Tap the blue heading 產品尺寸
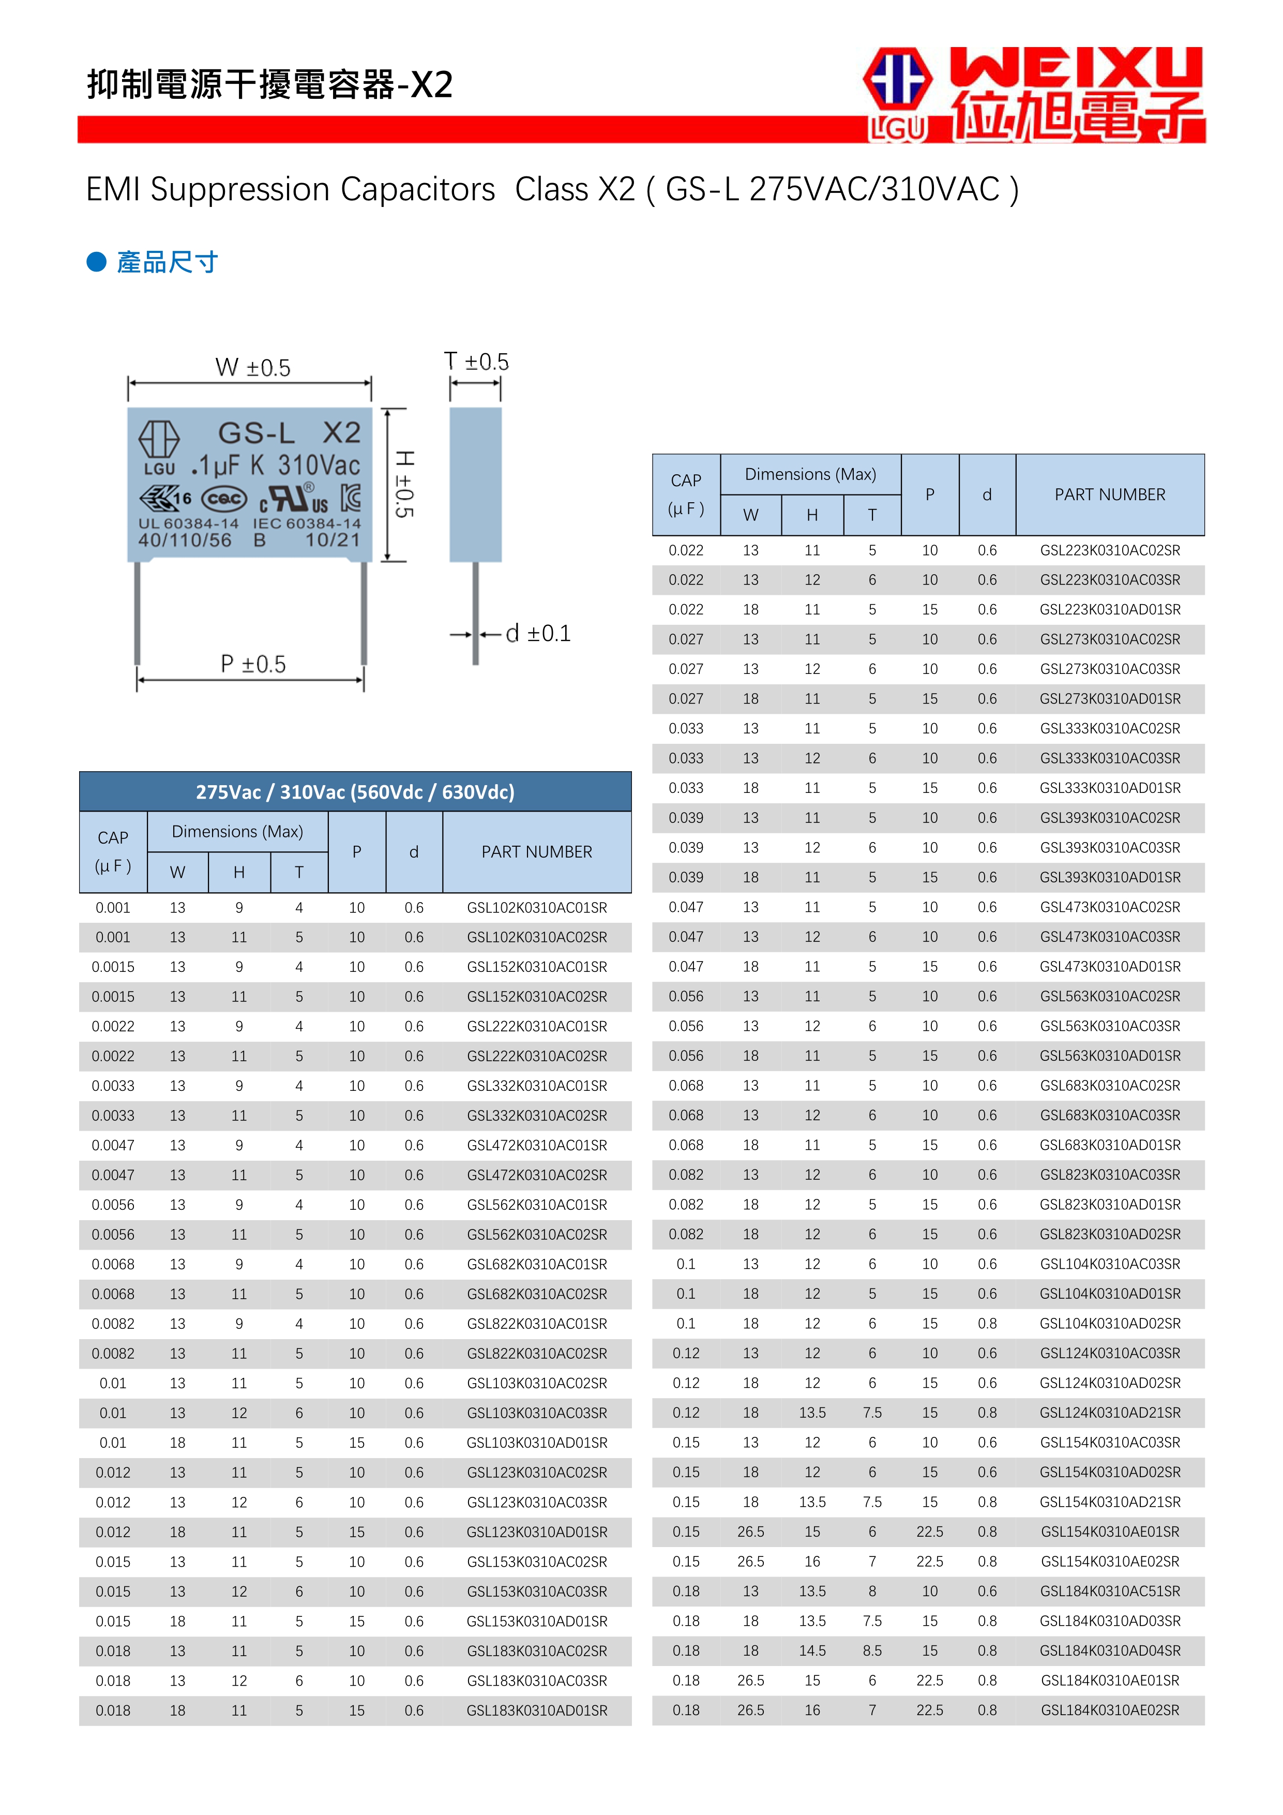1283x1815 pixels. pyautogui.click(x=168, y=262)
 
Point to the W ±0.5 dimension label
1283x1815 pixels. pyautogui.click(x=253, y=368)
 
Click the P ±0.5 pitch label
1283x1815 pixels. pyautogui.click(x=253, y=664)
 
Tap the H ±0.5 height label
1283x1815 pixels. pyautogui.click(x=404, y=484)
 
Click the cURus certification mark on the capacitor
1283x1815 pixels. pyautogui.click(x=293, y=499)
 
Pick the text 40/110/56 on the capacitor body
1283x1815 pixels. pyautogui.click(x=185, y=540)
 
